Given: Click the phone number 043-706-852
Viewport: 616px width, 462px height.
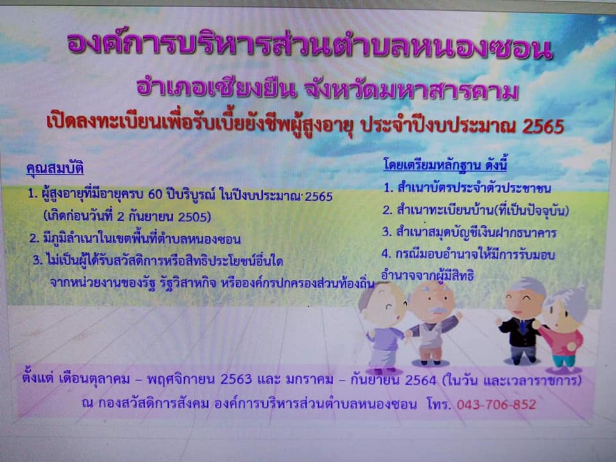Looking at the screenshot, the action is coord(496,404).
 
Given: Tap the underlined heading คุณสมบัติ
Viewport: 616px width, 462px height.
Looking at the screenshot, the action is coord(55,169).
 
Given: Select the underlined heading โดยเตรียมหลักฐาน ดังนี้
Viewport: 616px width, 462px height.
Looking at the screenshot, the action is coord(445,165).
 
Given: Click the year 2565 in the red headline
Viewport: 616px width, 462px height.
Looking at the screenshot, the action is coord(543,126).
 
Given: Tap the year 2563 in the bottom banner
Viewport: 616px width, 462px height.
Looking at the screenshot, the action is coord(235,379).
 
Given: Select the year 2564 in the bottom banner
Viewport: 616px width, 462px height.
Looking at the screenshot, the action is coord(420,380).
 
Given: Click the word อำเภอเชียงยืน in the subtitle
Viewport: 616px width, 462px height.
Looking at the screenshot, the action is coord(216,89).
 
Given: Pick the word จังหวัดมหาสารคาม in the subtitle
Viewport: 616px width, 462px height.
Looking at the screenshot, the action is coord(411,90).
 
